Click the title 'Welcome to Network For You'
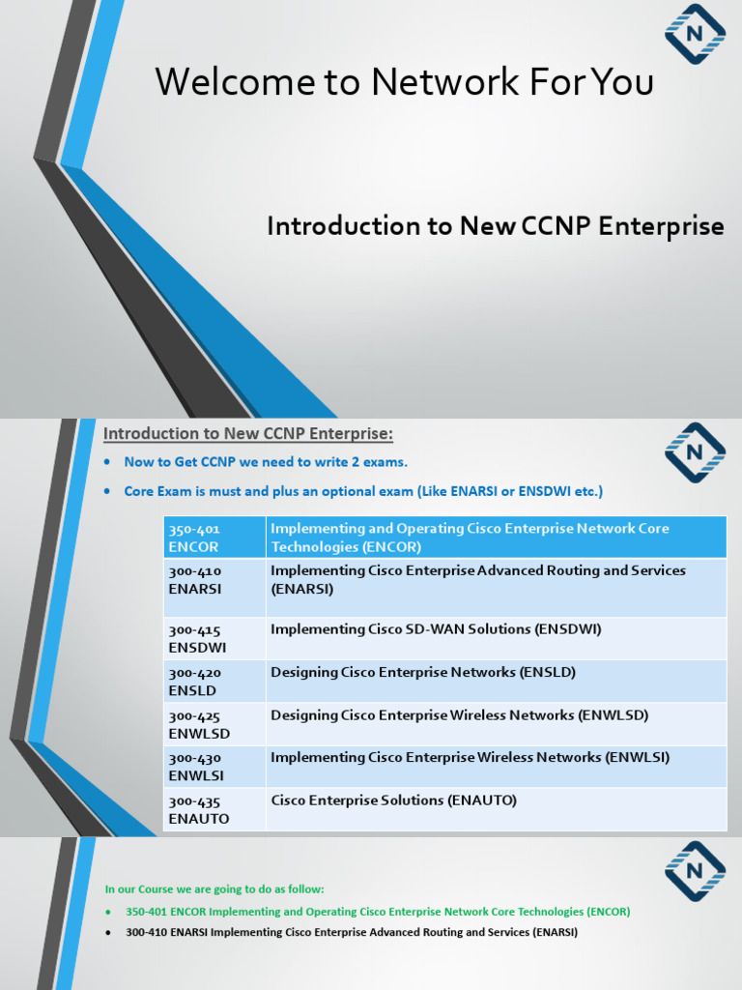(x=404, y=83)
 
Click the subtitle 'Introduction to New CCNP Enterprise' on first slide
(x=495, y=226)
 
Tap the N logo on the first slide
(x=695, y=34)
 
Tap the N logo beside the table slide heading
(x=695, y=451)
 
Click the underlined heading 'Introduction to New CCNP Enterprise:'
(x=248, y=433)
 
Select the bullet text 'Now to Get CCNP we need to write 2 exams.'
(x=266, y=462)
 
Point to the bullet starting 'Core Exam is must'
(x=363, y=491)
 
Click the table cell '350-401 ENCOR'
(x=214, y=538)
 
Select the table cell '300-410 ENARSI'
(x=214, y=580)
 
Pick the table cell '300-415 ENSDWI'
(x=214, y=638)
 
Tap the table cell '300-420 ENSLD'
(x=214, y=682)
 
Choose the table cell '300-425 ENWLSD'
(x=214, y=724)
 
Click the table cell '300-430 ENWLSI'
(x=214, y=767)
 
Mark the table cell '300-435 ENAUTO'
(x=214, y=809)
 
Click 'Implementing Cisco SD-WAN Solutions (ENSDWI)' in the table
(x=436, y=629)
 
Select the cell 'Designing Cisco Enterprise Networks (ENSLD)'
(x=423, y=672)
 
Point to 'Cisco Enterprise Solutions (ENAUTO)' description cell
(x=394, y=801)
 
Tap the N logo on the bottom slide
(x=695, y=870)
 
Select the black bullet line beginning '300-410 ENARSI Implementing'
(x=352, y=933)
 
